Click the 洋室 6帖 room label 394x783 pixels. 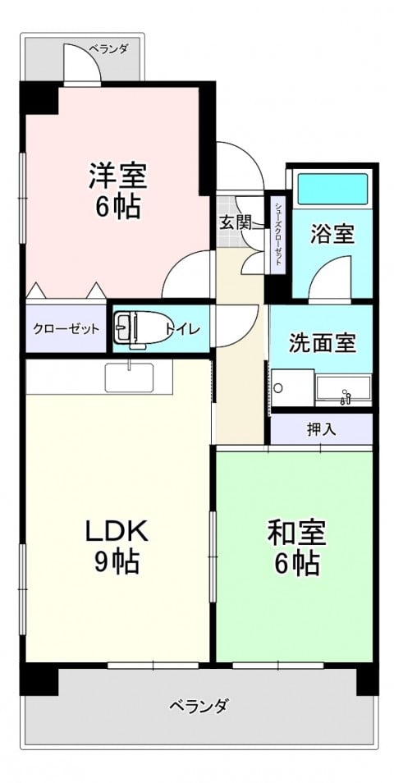tap(118, 191)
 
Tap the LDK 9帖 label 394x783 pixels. tap(117, 547)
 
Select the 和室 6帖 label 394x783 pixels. tap(296, 547)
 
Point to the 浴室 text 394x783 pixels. tap(332, 234)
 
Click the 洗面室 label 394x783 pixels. tap(323, 344)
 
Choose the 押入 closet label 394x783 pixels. tap(321, 428)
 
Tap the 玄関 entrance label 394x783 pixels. tap(234, 222)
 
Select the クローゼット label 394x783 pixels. tap(66, 329)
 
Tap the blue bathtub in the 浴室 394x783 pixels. tap(332, 188)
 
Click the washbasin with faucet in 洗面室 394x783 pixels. tap(344, 390)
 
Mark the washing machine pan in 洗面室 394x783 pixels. tap(293, 388)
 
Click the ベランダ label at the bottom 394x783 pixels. tap(199, 707)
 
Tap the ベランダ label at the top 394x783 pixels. tap(108, 49)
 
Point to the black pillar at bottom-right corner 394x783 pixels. tap(367, 679)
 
